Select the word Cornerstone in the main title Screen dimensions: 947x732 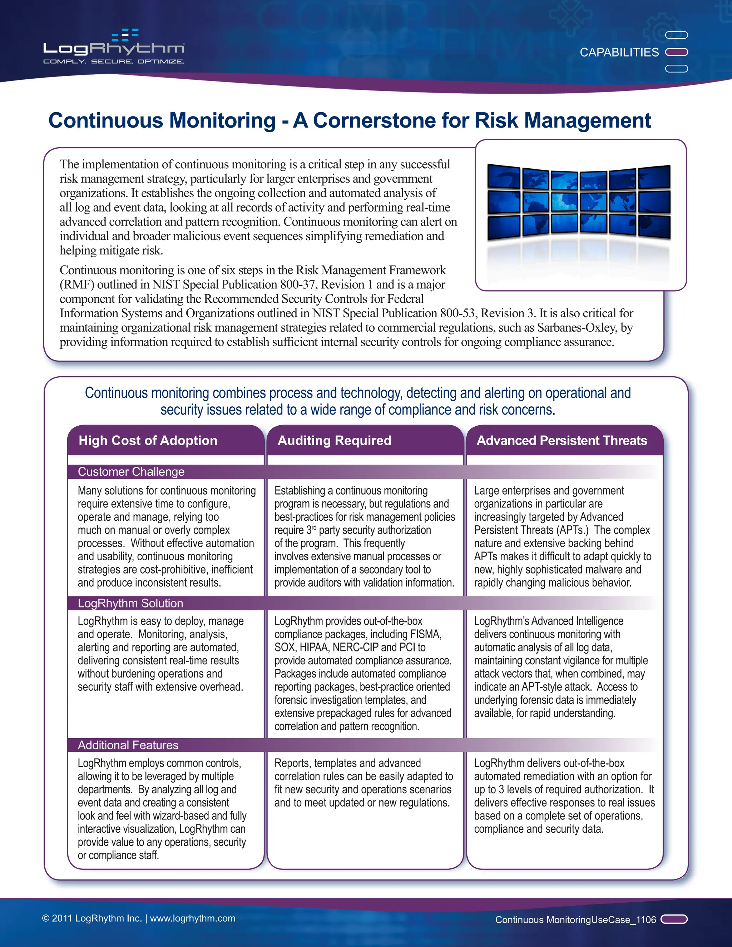click(374, 120)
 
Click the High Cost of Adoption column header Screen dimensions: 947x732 click(148, 441)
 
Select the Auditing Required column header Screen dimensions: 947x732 click(334, 441)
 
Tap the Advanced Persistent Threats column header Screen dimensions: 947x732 click(562, 441)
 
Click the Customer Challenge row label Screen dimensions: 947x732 click(131, 472)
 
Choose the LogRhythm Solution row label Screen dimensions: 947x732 click(130, 603)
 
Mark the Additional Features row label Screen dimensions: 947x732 click(128, 745)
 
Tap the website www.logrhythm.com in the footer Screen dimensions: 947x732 click(193, 918)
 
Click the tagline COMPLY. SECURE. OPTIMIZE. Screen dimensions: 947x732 click(114, 61)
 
